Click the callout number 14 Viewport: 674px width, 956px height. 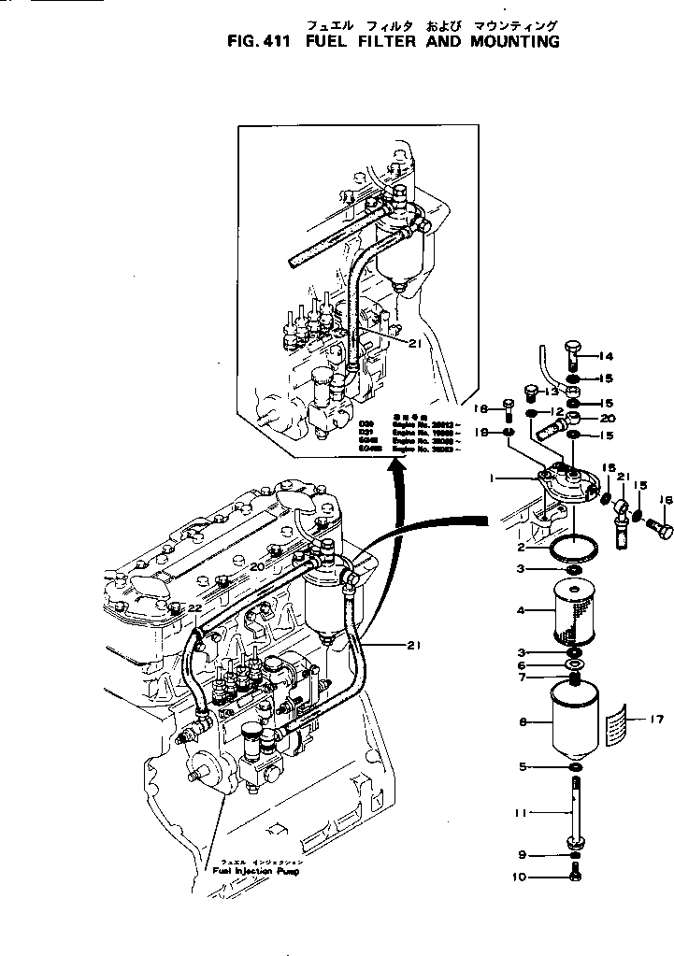click(606, 356)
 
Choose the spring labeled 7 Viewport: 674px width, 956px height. click(574, 678)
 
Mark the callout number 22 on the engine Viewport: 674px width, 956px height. click(194, 608)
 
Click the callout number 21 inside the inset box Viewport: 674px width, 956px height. click(416, 344)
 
